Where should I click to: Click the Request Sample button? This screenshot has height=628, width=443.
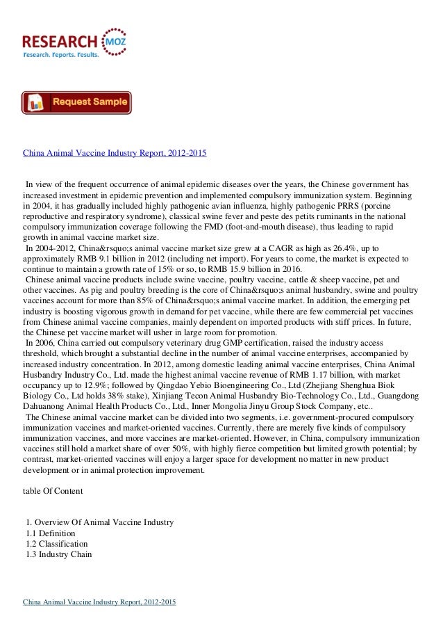point(76,103)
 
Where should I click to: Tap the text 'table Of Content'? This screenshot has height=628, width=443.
point(53,491)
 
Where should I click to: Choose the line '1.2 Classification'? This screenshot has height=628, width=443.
point(56,543)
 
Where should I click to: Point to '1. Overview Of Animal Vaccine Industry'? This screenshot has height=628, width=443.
point(99,522)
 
